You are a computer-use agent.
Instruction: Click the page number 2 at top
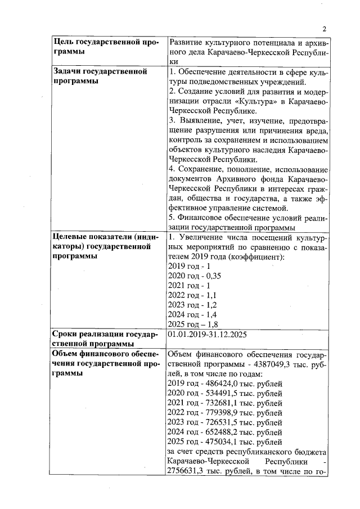coord(325,29)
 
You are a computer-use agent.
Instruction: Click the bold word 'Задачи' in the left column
coord(66,71)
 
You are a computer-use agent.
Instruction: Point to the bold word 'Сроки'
coord(65,334)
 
